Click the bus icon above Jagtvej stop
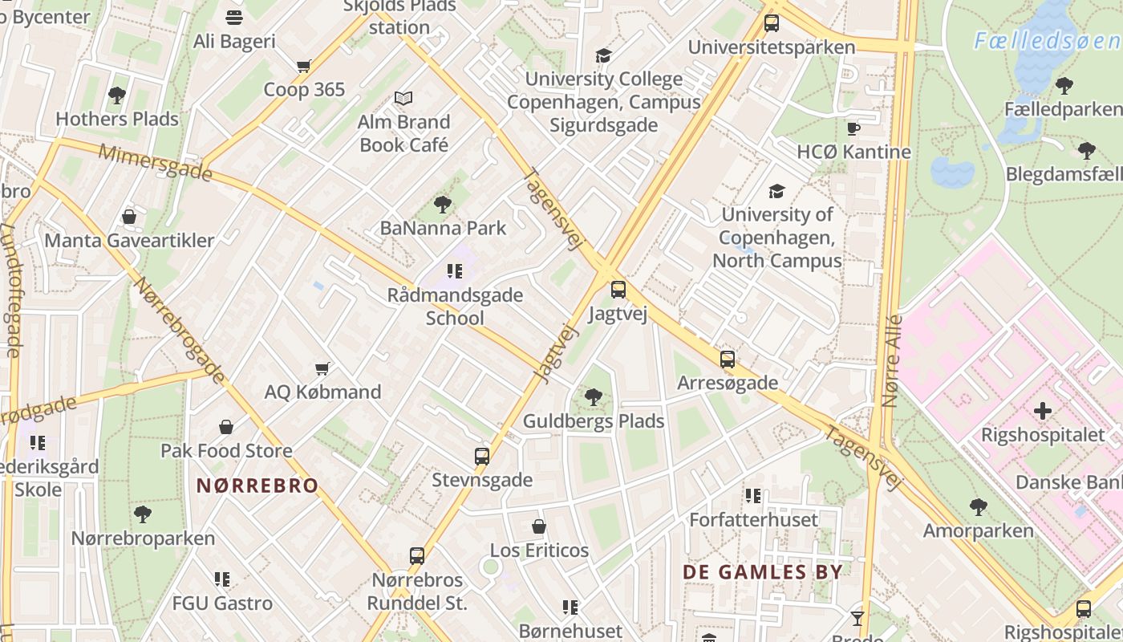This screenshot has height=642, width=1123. [618, 290]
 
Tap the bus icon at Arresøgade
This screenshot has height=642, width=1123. [728, 360]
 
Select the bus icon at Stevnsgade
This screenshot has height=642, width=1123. [482, 457]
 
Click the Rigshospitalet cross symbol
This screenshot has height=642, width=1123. [1043, 412]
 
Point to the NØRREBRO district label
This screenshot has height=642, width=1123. [257, 486]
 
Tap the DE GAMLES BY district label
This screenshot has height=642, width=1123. [763, 572]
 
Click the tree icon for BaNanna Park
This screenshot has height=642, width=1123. [442, 205]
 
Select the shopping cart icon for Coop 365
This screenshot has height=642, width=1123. [303, 67]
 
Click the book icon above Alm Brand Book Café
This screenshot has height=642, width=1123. [403, 99]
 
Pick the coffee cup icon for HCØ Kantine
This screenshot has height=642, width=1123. [853, 128]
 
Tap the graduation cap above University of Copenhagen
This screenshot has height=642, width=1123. [776, 191]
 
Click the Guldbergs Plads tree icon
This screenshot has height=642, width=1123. [594, 396]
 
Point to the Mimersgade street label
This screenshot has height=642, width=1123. [156, 162]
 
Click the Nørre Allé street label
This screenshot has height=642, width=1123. [891, 361]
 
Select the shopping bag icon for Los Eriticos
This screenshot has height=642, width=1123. [539, 527]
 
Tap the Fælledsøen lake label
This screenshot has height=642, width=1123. [1047, 41]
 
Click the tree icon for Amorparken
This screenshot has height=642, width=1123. [978, 507]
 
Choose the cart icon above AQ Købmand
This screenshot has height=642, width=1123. [322, 368]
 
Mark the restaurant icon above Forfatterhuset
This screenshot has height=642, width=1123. [752, 496]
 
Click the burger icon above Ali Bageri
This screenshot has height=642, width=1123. [234, 18]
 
